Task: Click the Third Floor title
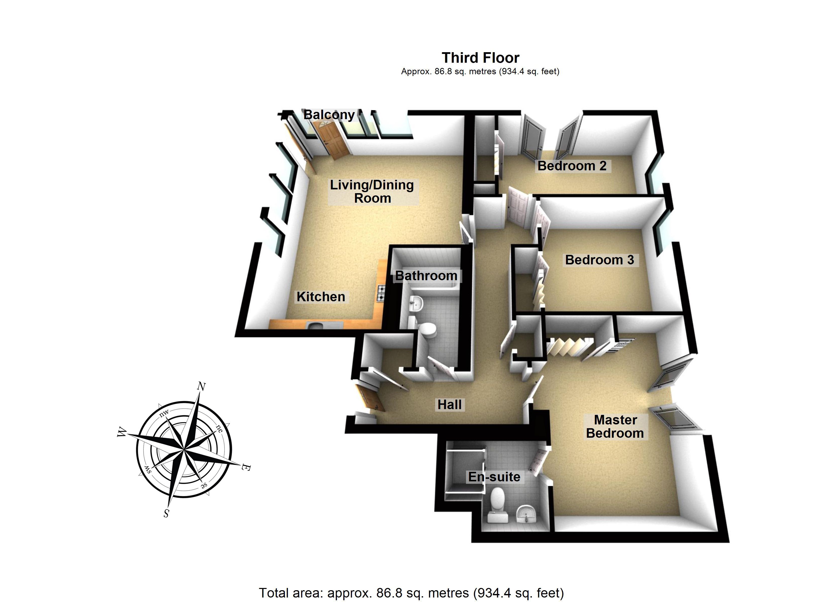pos(480,58)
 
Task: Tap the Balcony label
pos(329,115)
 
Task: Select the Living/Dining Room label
pos(372,191)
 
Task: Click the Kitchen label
pos(321,296)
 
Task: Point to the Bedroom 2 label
pos(572,166)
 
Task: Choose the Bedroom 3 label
pos(599,260)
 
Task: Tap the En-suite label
pos(494,477)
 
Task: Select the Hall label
pos(450,405)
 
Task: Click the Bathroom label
pos(426,276)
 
